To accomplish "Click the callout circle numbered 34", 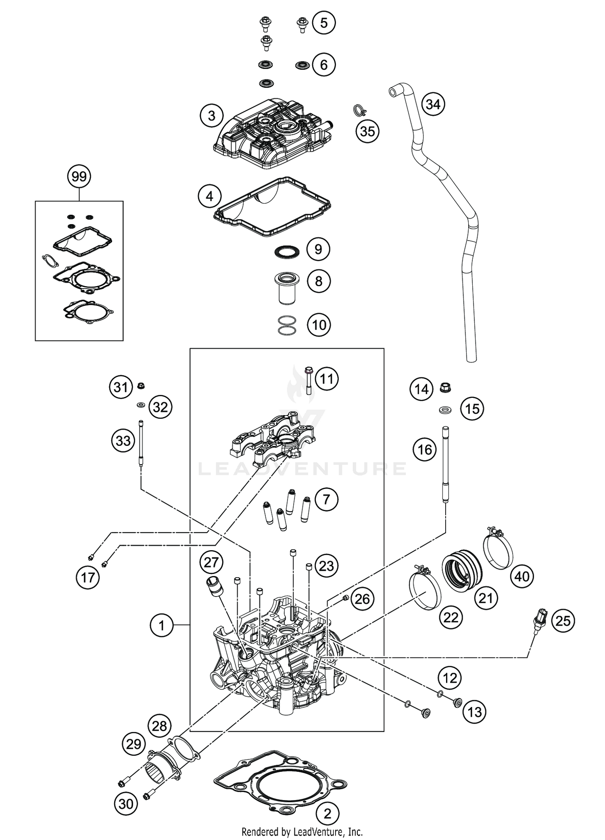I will tap(433, 104).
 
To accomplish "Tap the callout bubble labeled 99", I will tap(79, 177).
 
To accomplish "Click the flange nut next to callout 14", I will tap(445, 388).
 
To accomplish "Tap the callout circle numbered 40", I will tap(522, 576).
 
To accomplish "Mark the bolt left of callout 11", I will tap(309, 379).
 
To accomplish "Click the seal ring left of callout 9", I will tap(286, 252).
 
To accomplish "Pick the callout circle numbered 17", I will tap(88, 578).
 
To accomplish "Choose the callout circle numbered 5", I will tap(324, 23).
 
